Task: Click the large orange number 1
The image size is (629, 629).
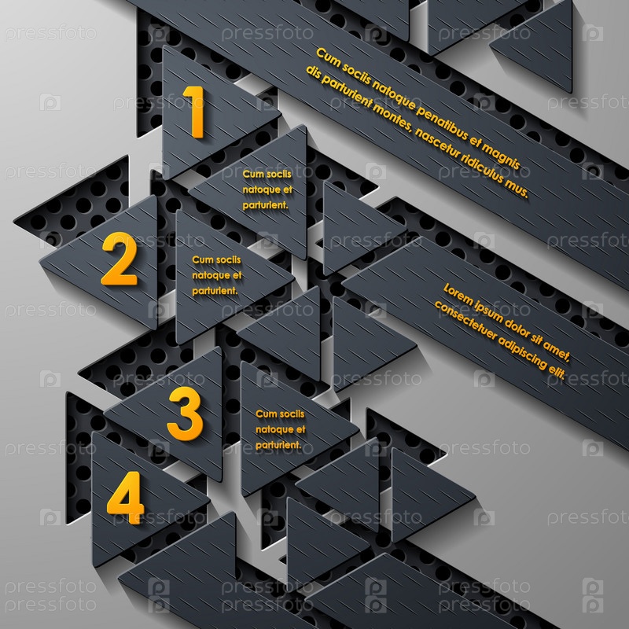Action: pos(195,112)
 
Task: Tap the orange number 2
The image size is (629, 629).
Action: pos(120,259)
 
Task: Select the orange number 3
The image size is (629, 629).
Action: pos(185,414)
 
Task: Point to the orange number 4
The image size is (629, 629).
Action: pos(126,498)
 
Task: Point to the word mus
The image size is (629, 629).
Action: pos(517,189)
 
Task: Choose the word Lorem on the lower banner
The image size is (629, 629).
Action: pos(458,295)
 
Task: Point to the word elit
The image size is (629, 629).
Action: pos(557,373)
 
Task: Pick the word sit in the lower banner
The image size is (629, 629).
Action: pos(538,340)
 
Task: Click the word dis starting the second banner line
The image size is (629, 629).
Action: pos(313,72)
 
